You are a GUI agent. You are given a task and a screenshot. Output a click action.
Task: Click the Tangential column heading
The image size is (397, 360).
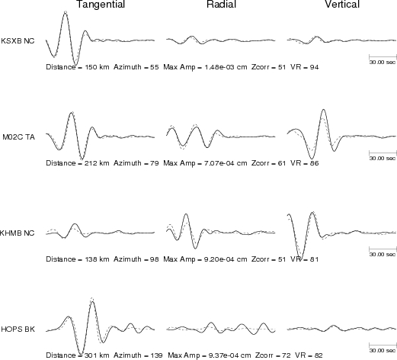pyautogui.click(x=101, y=5)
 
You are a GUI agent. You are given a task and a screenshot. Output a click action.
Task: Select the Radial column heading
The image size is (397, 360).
pyautogui.click(x=222, y=4)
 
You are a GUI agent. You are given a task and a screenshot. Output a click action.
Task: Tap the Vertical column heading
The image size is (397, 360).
pyautogui.click(x=342, y=4)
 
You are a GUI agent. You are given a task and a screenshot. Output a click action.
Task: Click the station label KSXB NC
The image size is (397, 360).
pyautogui.click(x=18, y=41)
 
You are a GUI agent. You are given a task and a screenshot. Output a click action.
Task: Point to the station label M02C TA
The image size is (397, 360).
pyautogui.click(x=19, y=137)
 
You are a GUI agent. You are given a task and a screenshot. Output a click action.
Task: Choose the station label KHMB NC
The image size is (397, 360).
pyautogui.click(x=17, y=233)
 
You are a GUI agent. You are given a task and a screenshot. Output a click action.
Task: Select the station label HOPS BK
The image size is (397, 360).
pyautogui.click(x=18, y=329)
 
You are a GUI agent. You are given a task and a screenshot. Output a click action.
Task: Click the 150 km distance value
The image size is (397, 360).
pyautogui.click(x=97, y=67)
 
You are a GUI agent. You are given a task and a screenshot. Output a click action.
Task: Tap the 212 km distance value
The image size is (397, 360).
pyautogui.click(x=97, y=163)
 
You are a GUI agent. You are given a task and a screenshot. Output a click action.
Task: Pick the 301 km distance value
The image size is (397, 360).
pyautogui.click(x=97, y=355)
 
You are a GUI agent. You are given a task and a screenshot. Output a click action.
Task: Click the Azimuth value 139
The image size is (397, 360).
pyautogui.click(x=158, y=355)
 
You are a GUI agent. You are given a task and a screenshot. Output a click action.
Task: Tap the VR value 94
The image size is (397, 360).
pyautogui.click(x=314, y=67)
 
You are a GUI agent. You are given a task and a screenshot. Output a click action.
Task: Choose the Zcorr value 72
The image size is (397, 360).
pyautogui.click(x=286, y=355)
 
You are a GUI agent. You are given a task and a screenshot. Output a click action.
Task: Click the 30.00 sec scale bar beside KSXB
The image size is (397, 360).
pyautogui.click(x=383, y=56)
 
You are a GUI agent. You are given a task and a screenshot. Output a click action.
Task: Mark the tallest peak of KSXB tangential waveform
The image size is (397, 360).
pyautogui.click(x=66, y=12)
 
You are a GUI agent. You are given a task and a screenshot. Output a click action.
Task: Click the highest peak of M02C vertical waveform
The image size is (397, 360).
pyautogui.click(x=323, y=110)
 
